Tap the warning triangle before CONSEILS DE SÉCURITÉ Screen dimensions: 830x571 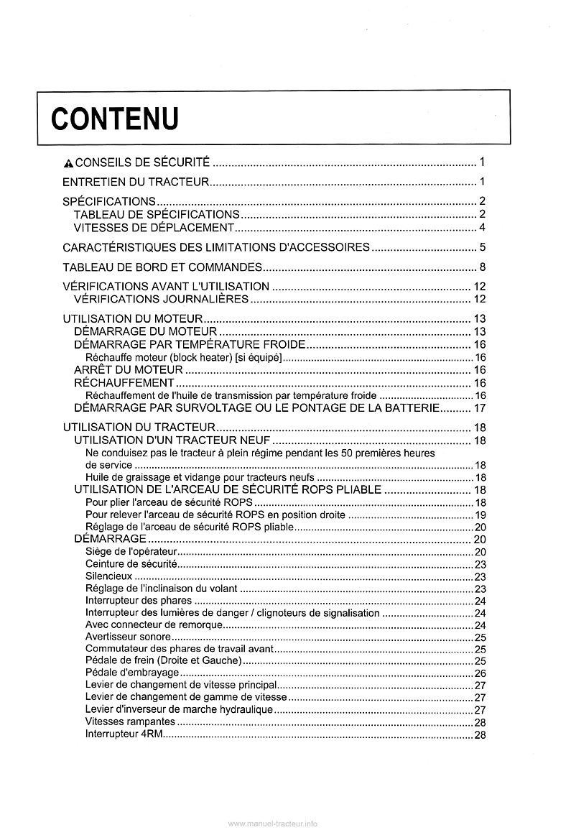[x=68, y=162]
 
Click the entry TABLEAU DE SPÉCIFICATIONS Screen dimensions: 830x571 [x=157, y=214]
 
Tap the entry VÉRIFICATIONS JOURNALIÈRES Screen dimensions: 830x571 [x=162, y=299]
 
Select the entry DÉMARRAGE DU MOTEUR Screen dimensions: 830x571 [x=146, y=331]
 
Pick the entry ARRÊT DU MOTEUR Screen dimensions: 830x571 [x=129, y=370]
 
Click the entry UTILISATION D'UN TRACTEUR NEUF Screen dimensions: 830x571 [x=172, y=440]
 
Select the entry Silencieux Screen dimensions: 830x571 [x=108, y=576]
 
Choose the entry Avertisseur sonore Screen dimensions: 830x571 [x=128, y=637]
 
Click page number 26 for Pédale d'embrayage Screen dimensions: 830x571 [x=481, y=673]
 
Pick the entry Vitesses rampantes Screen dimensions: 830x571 [x=129, y=721]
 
